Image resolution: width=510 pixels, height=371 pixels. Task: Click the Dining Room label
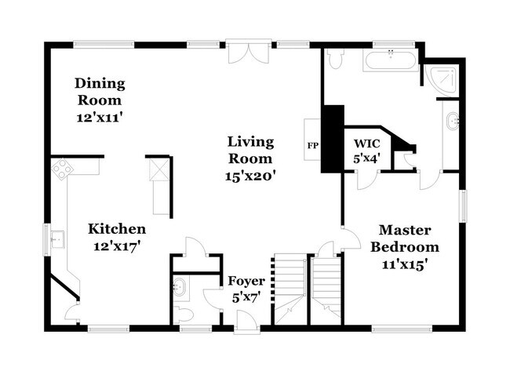(x=99, y=92)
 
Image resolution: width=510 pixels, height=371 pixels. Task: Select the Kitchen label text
(x=117, y=229)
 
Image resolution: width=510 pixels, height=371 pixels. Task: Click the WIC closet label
(x=367, y=144)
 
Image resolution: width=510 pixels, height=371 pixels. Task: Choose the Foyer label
(x=246, y=281)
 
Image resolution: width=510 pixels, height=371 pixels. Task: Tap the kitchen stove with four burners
(x=62, y=169)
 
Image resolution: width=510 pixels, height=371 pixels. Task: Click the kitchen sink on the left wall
(x=56, y=237)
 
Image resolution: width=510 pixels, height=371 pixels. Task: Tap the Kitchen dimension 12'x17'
(x=117, y=247)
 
